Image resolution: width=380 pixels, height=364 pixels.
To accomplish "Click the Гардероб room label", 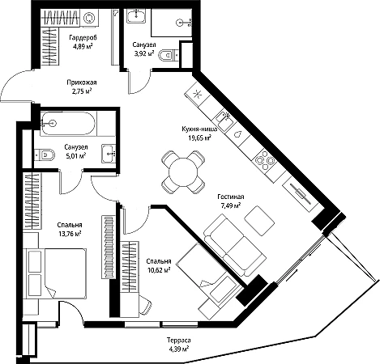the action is pyautogui.click(x=83, y=37).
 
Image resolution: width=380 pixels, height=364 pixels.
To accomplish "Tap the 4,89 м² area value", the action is pyautogui.click(x=83, y=46).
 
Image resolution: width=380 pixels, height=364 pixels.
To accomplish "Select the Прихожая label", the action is pyautogui.click(x=82, y=83).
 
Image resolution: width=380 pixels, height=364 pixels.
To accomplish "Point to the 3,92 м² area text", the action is pyautogui.click(x=144, y=53).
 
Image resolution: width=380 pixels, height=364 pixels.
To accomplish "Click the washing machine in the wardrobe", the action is pyautogui.click(x=89, y=18).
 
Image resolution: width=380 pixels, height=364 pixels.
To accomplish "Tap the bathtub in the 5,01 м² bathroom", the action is pyautogui.click(x=68, y=123).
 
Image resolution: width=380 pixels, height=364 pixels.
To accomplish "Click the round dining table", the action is pyautogui.click(x=183, y=171).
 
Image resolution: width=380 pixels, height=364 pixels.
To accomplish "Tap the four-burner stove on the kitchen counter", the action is pyautogui.click(x=265, y=160).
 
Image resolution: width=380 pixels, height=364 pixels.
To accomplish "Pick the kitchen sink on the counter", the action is pyautogui.click(x=224, y=120).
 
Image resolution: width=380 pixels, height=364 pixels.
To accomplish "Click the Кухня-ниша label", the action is pyautogui.click(x=199, y=129).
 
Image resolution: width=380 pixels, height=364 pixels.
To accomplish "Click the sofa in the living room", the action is pyautogui.click(x=235, y=245).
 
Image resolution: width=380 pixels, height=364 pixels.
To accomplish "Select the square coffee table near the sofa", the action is pyautogui.click(x=259, y=221).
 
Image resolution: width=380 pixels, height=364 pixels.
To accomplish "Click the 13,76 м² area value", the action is pyautogui.click(x=70, y=234).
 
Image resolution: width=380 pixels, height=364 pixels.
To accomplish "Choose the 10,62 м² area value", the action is pyautogui.click(x=159, y=269).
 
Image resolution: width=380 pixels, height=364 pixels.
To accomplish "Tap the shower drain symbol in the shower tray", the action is pyautogui.click(x=180, y=23).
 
